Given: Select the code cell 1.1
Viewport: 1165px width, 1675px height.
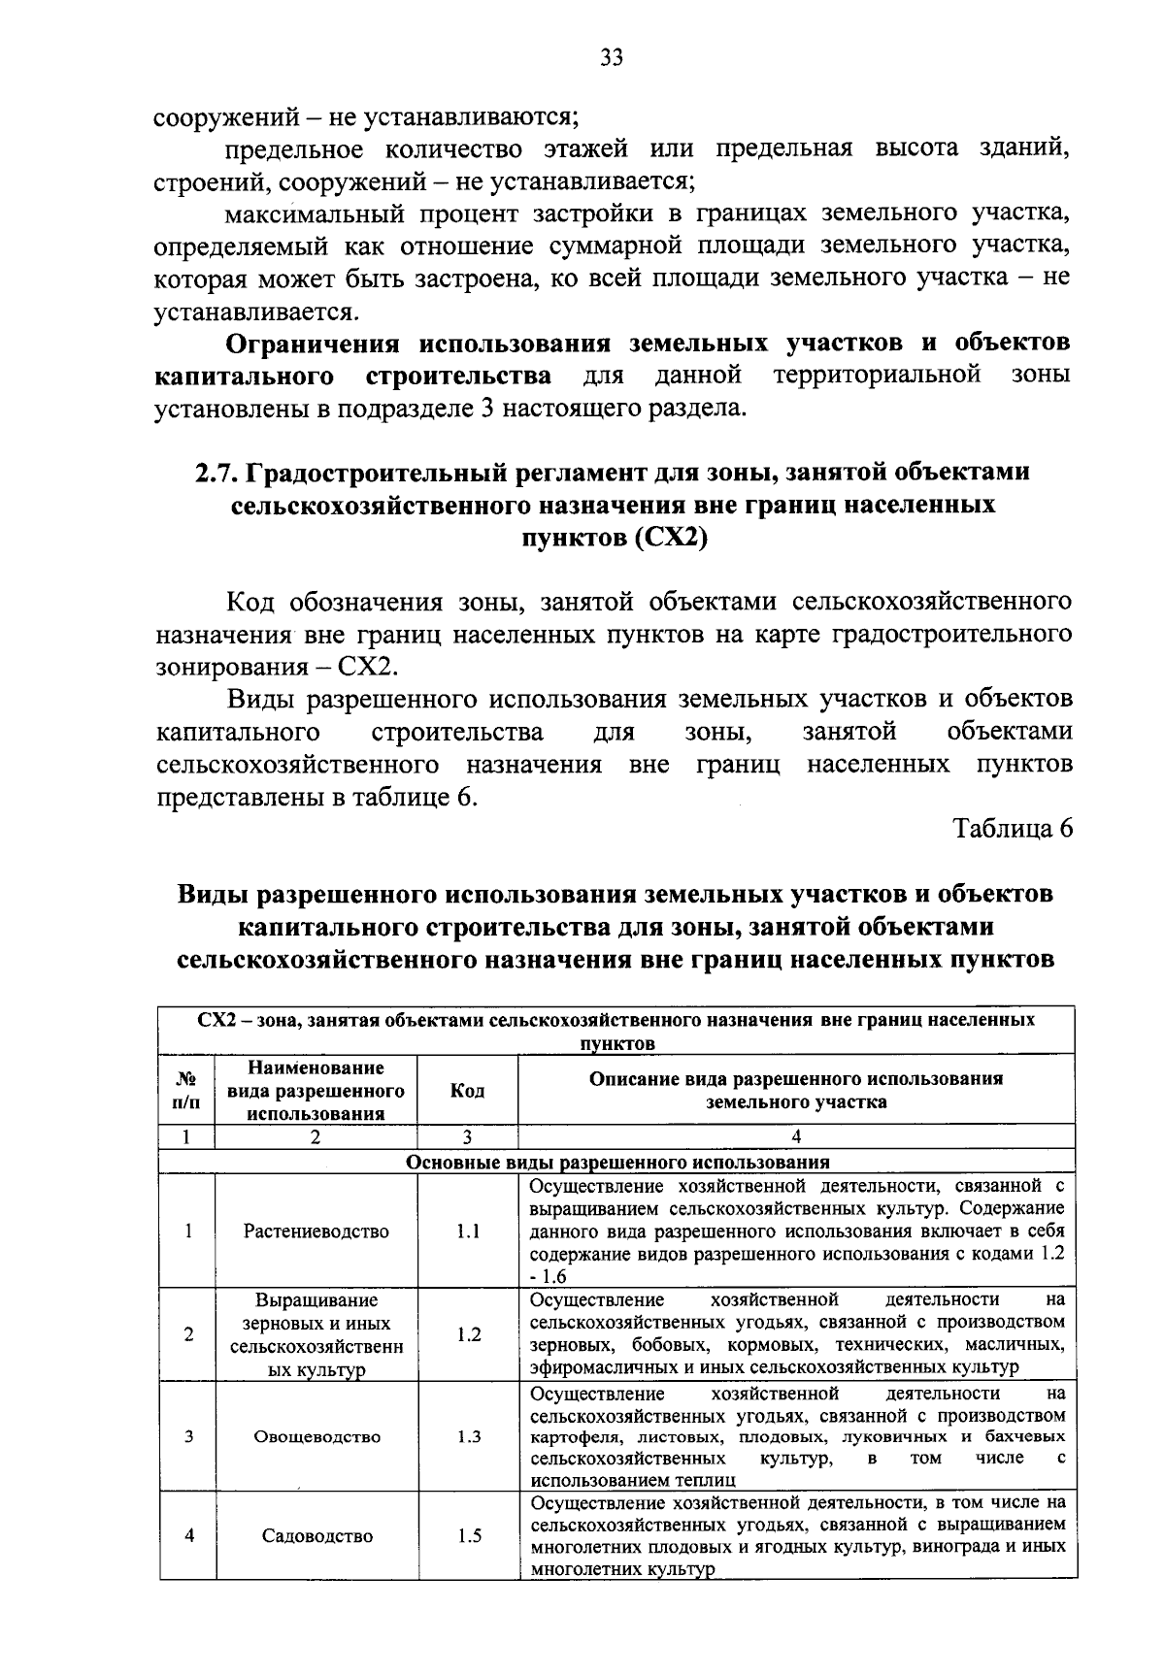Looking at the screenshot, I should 468,1231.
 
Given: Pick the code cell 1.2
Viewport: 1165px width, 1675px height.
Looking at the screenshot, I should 468,1334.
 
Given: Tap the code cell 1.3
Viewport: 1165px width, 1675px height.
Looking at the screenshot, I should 468,1436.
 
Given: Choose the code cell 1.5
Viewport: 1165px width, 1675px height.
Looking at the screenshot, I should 468,1535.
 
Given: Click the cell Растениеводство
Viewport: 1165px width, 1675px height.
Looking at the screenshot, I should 316,1231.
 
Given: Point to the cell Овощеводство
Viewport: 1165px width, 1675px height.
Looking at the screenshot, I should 316,1436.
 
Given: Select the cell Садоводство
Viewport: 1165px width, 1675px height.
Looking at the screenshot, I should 316,1535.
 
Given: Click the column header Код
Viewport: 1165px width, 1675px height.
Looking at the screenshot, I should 468,1090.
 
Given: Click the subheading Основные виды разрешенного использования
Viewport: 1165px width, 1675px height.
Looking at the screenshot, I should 617,1162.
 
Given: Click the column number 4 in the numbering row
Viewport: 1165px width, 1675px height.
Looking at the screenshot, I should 796,1136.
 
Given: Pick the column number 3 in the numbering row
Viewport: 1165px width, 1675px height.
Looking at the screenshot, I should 467,1136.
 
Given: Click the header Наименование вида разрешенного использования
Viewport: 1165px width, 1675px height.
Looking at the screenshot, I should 316,1090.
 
